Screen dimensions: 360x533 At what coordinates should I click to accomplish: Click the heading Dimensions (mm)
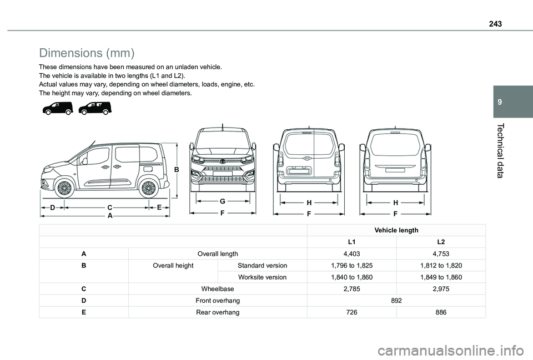point(87,53)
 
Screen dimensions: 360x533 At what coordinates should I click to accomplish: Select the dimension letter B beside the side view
point(177,169)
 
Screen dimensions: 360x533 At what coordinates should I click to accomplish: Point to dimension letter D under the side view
point(52,207)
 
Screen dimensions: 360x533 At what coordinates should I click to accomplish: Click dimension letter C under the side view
point(110,207)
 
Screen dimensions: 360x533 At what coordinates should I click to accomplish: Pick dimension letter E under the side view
point(159,207)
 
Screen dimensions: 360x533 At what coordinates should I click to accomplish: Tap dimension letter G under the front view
point(222,201)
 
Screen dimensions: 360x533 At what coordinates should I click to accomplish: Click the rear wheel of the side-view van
point(148,188)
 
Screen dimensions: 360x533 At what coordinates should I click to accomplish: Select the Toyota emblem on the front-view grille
point(222,161)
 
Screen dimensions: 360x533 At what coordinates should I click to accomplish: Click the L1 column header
point(352,242)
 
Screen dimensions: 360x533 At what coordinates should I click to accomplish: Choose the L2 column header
point(441,242)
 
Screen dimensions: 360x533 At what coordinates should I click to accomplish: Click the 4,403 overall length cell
point(352,254)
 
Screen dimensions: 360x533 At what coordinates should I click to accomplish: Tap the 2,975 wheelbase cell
point(441,289)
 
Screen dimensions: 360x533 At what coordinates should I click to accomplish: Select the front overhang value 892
point(396,301)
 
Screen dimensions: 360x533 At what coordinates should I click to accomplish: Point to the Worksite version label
point(262,277)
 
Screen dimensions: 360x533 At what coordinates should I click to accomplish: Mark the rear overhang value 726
point(352,312)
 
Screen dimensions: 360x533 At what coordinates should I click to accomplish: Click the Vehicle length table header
point(396,230)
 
